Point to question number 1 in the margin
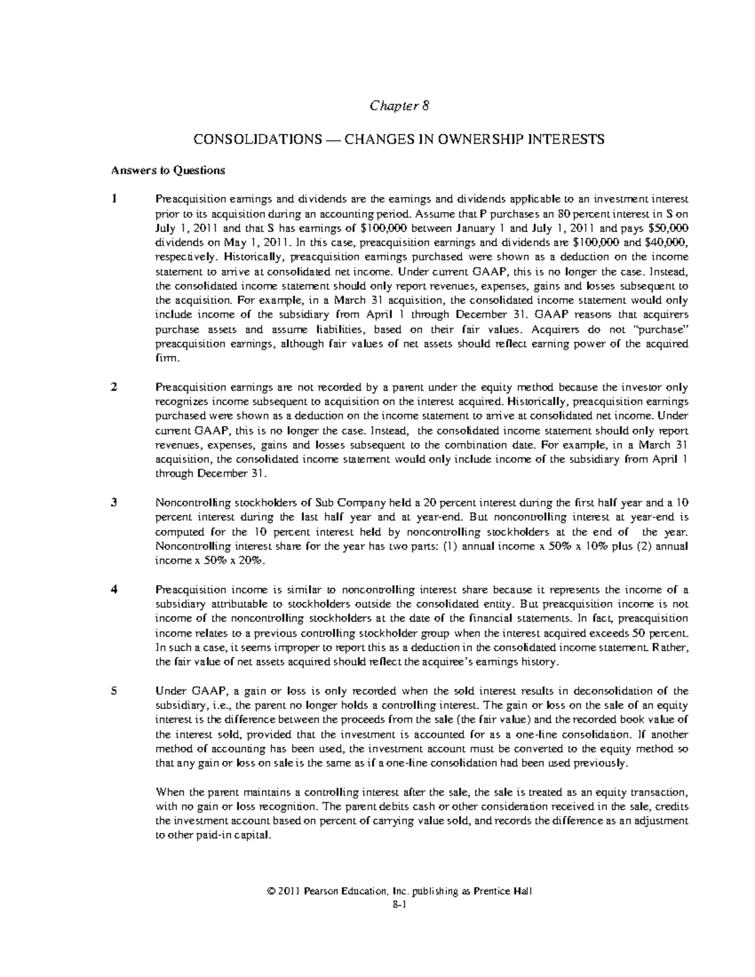pyautogui.click(x=114, y=199)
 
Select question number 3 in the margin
pyautogui.click(x=114, y=503)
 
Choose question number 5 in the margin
pyautogui.click(x=114, y=691)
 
